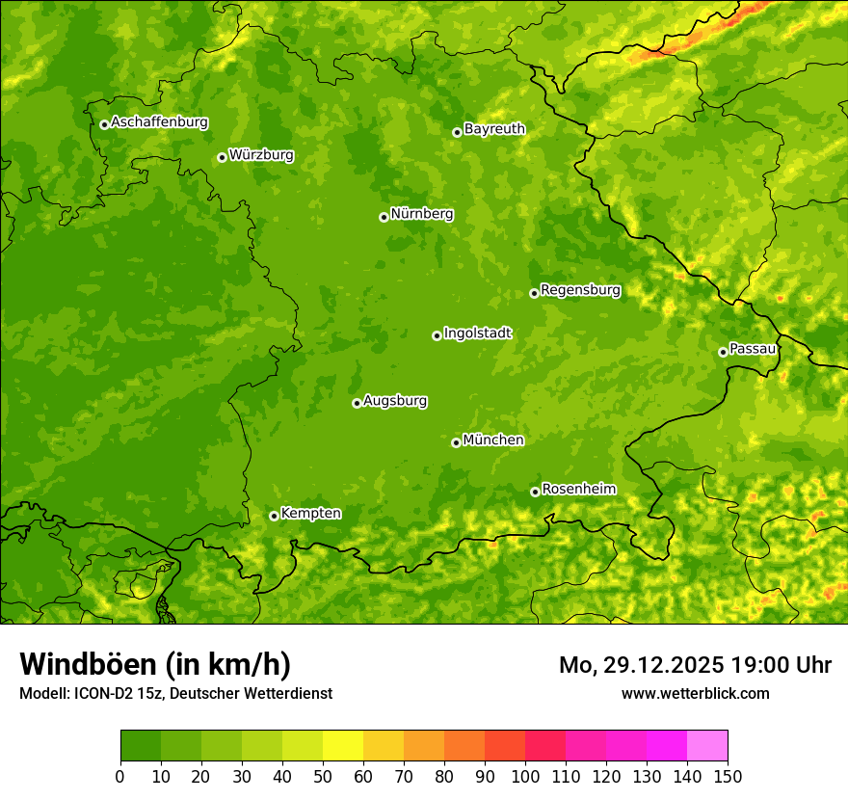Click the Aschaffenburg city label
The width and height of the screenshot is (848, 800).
pos(159,122)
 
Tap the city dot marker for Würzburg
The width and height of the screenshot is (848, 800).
pos(222,157)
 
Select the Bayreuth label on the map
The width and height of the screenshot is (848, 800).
pos(494,128)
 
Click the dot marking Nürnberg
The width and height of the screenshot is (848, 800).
pos(384,217)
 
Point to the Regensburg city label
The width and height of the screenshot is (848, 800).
pos(580,289)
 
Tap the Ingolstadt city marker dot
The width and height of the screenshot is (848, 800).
pos(437,335)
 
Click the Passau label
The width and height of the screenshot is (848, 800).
pos(753,348)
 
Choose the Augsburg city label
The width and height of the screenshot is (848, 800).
pos(395,400)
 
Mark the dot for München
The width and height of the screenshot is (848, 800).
pos(456,442)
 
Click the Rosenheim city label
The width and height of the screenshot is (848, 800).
pos(578,489)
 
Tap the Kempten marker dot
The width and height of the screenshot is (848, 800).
pos(274,516)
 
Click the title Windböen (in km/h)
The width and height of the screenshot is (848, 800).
pos(154,664)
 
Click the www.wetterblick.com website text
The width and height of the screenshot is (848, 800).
pos(695,693)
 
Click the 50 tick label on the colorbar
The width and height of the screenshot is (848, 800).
pos(323,776)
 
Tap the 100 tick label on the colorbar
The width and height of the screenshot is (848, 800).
pos(525,776)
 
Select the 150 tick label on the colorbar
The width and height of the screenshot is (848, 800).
pos(728,776)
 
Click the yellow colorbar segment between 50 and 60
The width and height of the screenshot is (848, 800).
pos(343,746)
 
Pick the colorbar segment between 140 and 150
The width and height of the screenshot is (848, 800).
pos(707,746)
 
